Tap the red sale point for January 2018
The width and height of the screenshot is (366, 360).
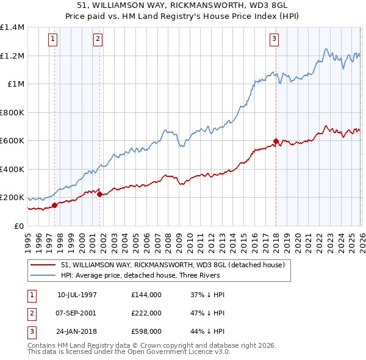276,142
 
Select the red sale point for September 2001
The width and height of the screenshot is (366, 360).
99,195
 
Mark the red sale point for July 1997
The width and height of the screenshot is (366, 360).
54,205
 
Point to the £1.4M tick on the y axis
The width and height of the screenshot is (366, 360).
12,27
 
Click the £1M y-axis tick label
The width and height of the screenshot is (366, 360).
15,84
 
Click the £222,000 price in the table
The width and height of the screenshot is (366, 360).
146,312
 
